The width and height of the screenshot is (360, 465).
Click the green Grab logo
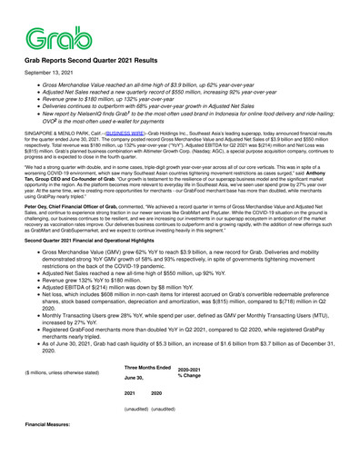57,37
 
